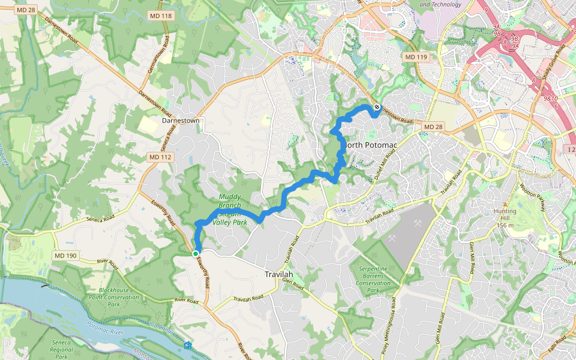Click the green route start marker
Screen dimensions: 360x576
pyautogui.click(x=196, y=254)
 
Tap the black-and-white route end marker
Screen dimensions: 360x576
pyautogui.click(x=377, y=107)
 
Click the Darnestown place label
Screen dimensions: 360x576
pyautogui.click(x=181, y=121)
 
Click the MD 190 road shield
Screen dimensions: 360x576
pyautogui.click(x=66, y=256)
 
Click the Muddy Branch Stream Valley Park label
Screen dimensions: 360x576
pyautogui.click(x=233, y=209)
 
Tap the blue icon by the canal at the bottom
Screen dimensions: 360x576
pyautogui.click(x=188, y=345)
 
